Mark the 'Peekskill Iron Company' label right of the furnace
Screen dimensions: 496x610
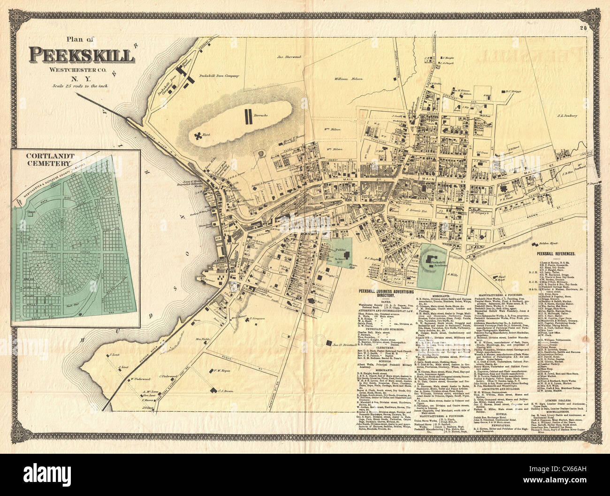point(220,75)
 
